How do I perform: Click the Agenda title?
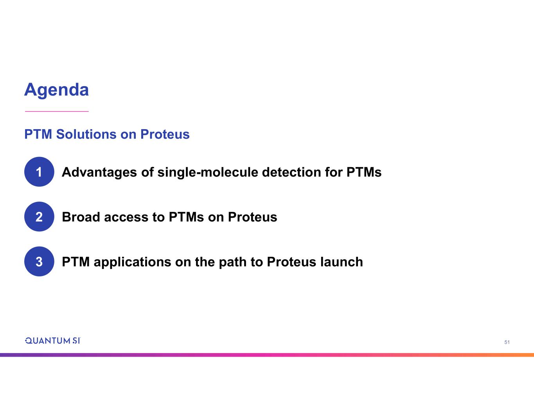pyautogui.click(x=56, y=90)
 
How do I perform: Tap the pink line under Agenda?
pyautogui.click(x=57, y=111)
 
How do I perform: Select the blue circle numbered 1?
pyautogui.click(x=39, y=172)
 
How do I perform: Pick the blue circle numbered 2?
pyautogui.click(x=39, y=216)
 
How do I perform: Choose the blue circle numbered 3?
pyautogui.click(x=39, y=262)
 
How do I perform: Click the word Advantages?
pyautogui.click(x=99, y=172)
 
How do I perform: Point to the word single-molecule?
pyautogui.click(x=207, y=172)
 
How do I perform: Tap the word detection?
pyautogui.click(x=291, y=172)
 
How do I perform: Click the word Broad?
pyautogui.click(x=81, y=217)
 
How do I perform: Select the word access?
pyautogui.click(x=126, y=218)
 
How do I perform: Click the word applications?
pyautogui.click(x=132, y=262)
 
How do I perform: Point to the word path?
pyautogui.click(x=232, y=262)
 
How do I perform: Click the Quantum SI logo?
pyautogui.click(x=52, y=341)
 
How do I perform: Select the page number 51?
pyautogui.click(x=507, y=342)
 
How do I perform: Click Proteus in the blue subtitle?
pyautogui.click(x=165, y=134)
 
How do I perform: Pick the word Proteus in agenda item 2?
pyautogui.click(x=252, y=217)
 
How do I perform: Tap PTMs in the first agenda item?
pyautogui.click(x=364, y=172)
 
